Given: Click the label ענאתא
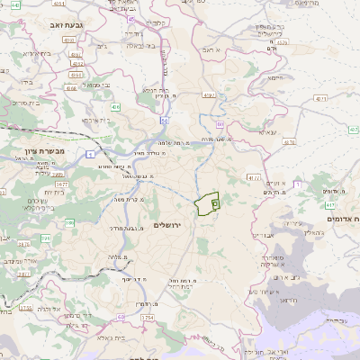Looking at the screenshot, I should [267, 132].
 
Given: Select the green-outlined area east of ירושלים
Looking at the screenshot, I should [208, 204].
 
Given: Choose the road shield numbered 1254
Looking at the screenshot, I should [148, 317].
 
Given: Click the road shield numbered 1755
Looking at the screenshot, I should [25, 307].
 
